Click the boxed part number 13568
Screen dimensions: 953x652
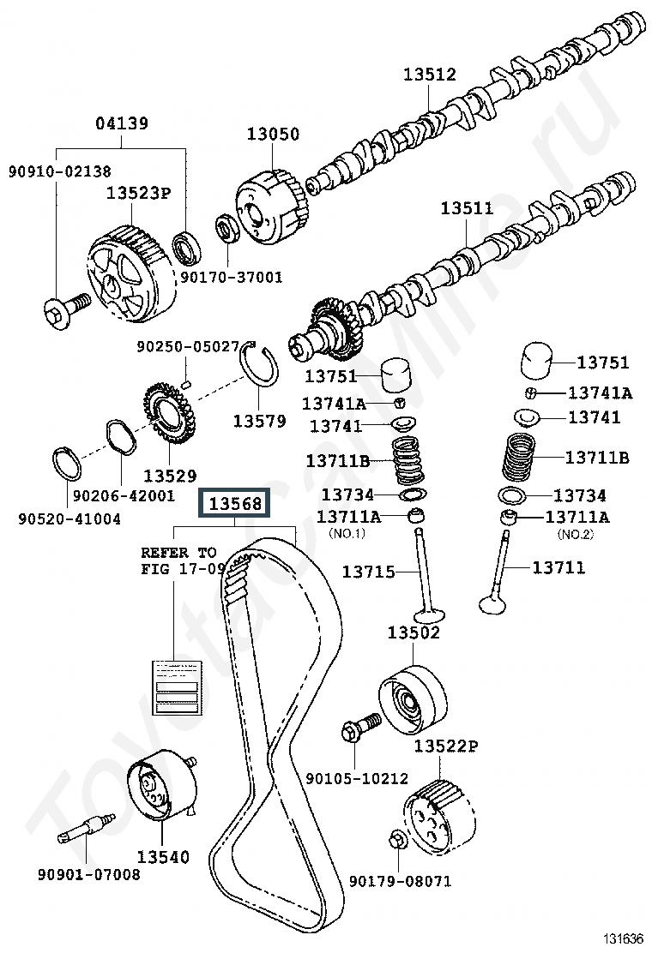click(234, 503)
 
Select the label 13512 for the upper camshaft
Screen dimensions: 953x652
click(430, 75)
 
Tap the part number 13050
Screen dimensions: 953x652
click(274, 134)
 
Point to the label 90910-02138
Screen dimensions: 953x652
click(59, 171)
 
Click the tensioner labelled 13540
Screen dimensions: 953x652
click(160, 788)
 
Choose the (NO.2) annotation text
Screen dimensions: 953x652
click(575, 535)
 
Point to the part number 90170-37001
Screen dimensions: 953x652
click(231, 277)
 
